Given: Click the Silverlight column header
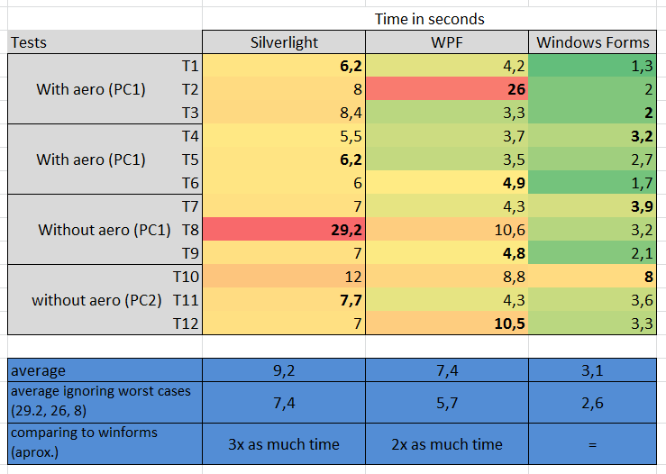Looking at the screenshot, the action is tap(284, 42).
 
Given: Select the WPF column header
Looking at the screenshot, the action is tap(447, 42).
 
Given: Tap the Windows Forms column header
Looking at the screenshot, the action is tap(592, 42).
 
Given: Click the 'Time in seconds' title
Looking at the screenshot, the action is tap(429, 19).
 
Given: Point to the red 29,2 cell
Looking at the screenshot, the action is tap(284, 230).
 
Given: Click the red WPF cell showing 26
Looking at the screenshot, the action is tap(447, 89).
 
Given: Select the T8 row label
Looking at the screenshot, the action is tap(190, 230).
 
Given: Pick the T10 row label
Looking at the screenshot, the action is tap(186, 277).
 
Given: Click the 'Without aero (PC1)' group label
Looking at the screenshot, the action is tap(105, 230).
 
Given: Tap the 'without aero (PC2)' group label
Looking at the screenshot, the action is tap(96, 300).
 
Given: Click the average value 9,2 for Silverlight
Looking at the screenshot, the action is tap(284, 370).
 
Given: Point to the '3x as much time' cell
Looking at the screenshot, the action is tap(284, 444).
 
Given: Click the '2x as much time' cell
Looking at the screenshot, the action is tap(447, 444).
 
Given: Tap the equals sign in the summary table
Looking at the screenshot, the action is tap(592, 445).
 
